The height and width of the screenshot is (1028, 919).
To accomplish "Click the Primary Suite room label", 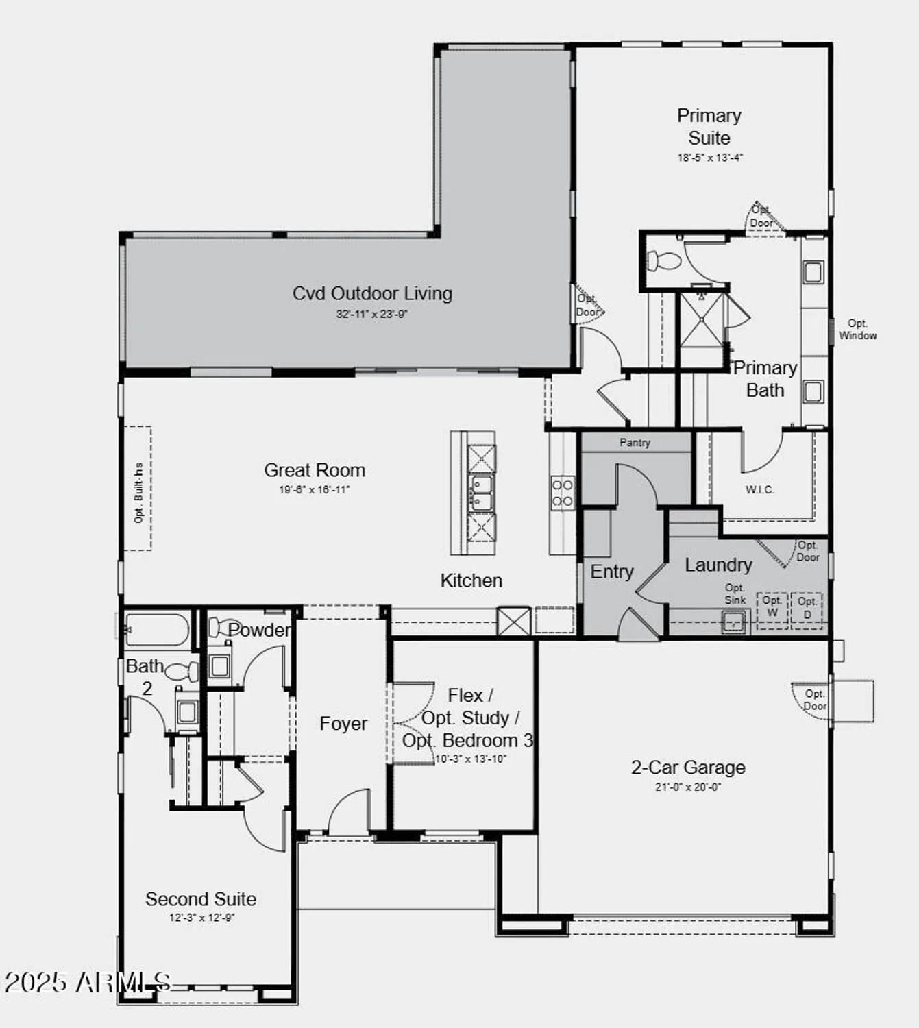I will click(709, 127).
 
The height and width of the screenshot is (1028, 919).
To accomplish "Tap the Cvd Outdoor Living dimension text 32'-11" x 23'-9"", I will click(371, 314).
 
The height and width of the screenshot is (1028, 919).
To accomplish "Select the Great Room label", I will click(315, 470).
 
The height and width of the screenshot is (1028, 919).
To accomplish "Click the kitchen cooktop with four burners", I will click(562, 493).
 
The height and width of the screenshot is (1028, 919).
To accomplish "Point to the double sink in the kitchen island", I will click(480, 493).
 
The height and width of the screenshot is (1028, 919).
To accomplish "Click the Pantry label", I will click(635, 443).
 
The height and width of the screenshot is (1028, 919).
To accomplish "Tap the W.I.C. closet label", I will click(759, 489).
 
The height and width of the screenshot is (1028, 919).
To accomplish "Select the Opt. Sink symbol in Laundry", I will click(733, 622).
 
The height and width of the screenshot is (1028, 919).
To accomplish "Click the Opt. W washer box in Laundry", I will click(772, 607).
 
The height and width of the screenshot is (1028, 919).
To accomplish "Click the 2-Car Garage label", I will click(688, 768).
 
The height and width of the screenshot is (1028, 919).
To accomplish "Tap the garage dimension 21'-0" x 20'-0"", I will click(688, 787).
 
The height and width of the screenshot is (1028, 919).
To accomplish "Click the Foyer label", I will click(343, 724).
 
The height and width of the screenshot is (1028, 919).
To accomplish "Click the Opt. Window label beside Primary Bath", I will click(857, 329).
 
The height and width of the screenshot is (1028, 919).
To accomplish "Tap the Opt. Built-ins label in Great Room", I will click(139, 493).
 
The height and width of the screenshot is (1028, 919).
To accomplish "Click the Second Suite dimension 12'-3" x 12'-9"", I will click(201, 918).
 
